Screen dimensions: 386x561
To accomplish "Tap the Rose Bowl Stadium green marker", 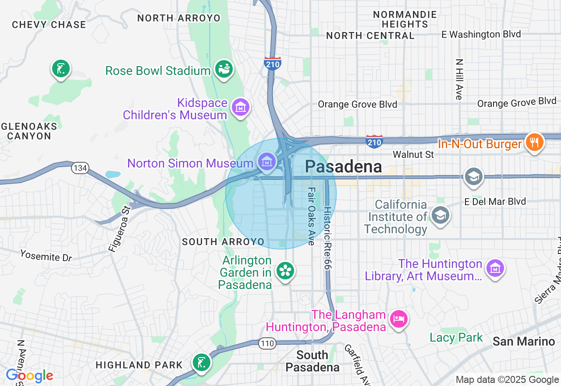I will [x=224, y=69].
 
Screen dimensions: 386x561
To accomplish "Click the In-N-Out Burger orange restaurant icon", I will [x=534, y=142].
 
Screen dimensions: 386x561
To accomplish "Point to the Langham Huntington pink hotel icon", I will [x=399, y=318].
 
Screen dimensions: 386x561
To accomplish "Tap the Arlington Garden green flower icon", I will [x=285, y=271].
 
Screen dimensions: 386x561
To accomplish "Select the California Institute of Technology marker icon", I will [x=440, y=215].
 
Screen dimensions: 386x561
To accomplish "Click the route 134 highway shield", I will [x=80, y=168].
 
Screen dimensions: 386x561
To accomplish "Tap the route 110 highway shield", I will [x=267, y=343].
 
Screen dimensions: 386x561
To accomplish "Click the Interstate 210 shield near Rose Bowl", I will [x=272, y=64].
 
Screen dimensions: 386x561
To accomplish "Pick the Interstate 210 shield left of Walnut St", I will [x=374, y=141].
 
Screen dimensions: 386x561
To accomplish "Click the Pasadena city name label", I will [x=343, y=167].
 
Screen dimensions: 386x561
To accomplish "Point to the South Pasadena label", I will [x=312, y=361].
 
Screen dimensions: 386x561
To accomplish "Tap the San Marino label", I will [x=524, y=341].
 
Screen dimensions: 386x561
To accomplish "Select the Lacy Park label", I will [x=456, y=337].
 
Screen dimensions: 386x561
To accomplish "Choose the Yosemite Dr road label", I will [x=46, y=255].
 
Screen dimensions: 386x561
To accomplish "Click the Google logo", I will [x=29, y=376].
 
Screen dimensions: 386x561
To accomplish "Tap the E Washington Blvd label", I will [x=481, y=34].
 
